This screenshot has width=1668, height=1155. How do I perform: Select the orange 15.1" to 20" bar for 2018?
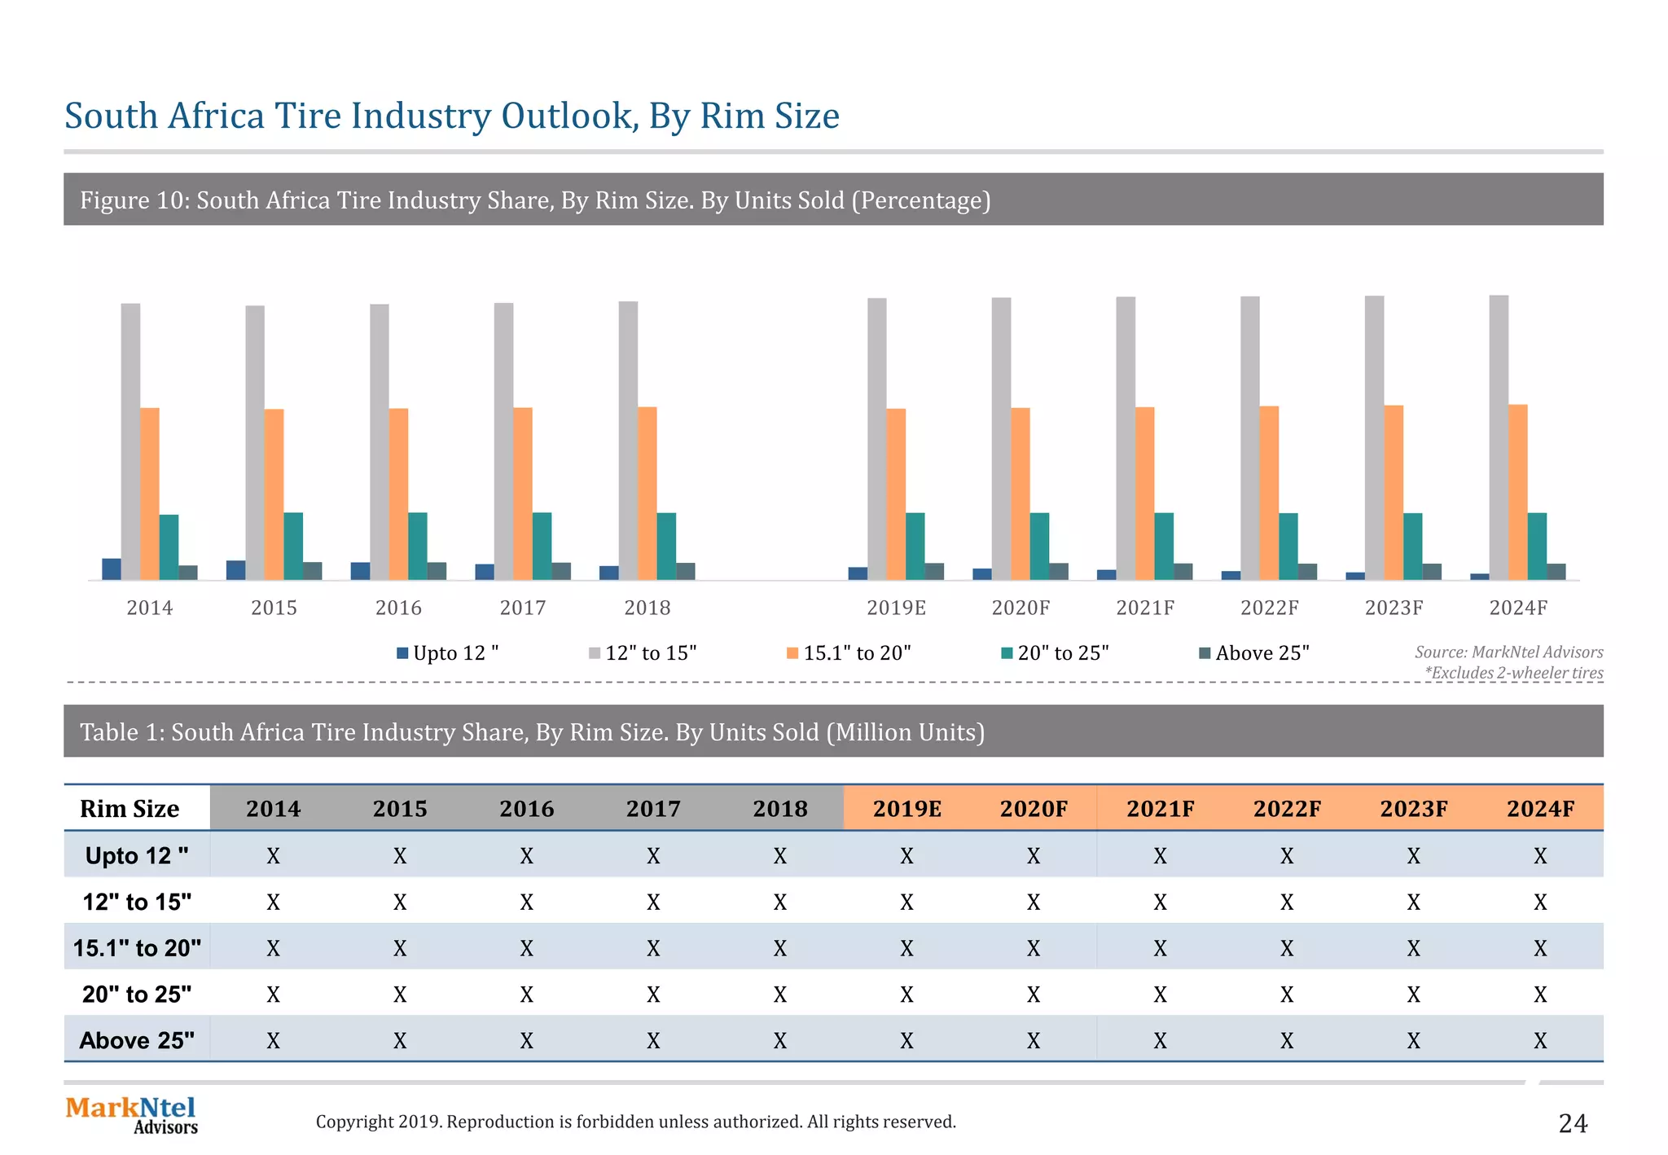647,493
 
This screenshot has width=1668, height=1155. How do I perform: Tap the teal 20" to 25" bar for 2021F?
1164,546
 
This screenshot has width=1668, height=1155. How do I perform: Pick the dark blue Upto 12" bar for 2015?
235,570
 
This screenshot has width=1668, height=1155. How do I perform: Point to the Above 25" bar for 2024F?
1556,571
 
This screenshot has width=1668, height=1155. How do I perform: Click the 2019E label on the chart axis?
896,608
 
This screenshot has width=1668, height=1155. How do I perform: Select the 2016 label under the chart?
398,608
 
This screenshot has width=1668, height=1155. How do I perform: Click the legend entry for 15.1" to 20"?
849,653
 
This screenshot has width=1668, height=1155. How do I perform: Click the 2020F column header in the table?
1034,809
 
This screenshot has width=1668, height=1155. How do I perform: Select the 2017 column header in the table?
653,809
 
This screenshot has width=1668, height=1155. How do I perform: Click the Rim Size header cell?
129,809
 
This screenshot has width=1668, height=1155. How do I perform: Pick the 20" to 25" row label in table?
137,995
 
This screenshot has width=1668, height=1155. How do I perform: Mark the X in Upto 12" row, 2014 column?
273,856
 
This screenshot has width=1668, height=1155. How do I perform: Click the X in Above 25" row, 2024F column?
1539,1041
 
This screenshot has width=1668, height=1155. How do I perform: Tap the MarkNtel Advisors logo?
132,1115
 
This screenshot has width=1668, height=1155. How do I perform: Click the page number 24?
1572,1124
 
